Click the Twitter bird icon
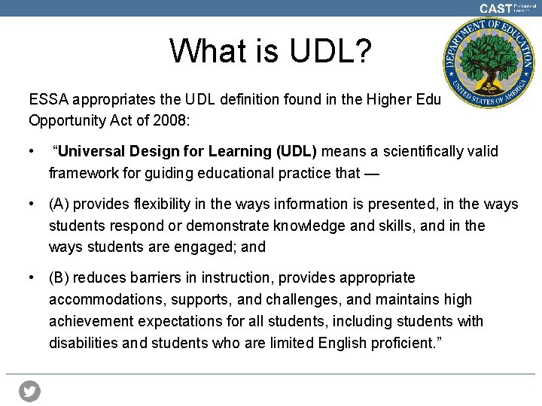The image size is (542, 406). pos(29,391)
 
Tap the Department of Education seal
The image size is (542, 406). pos(489,64)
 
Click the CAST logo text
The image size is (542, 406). pos(495,8)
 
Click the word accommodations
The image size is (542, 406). pos(106,299)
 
